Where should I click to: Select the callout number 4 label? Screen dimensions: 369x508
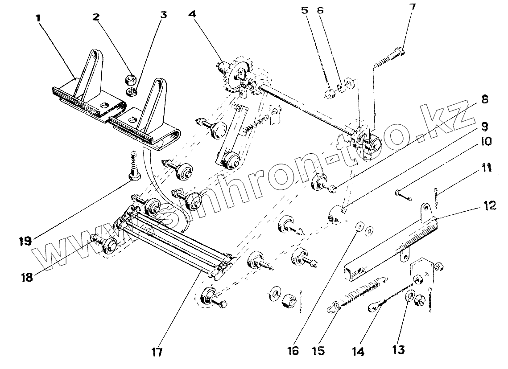pos(192,13)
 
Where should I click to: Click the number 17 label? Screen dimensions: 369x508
pos(157,352)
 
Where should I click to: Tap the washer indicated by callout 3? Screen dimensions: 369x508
pos(132,92)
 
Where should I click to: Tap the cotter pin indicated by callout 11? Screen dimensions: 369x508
pos(436,197)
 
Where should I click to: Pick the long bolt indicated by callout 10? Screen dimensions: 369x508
pos(403,195)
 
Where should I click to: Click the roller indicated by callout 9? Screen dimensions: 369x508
pos(336,215)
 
